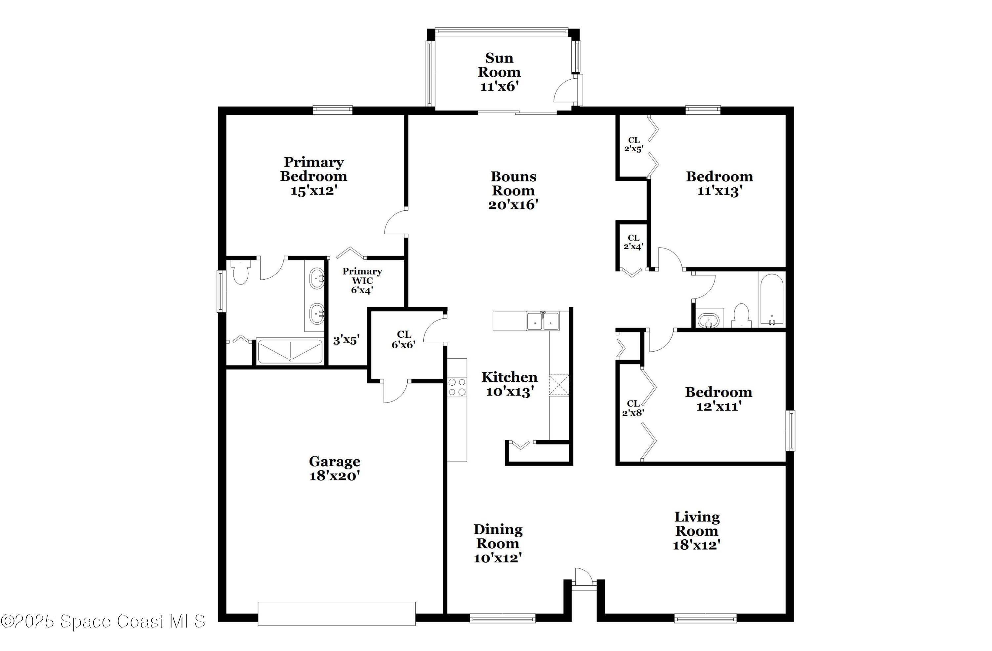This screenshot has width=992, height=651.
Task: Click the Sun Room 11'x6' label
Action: click(499, 72)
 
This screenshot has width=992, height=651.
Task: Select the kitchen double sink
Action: click(542, 321)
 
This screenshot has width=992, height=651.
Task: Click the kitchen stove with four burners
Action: click(457, 387)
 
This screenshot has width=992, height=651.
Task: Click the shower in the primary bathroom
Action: click(290, 352)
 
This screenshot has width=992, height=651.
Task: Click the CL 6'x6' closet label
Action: click(403, 339)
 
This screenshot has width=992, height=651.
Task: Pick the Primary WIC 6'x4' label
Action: click(362, 280)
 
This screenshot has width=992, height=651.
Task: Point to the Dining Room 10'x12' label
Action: click(498, 544)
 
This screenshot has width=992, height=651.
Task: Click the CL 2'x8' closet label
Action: click(633, 408)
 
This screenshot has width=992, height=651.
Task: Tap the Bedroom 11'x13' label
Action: click(720, 183)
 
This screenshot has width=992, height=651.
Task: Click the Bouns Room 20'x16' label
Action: click(513, 190)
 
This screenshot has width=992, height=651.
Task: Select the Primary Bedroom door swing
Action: click(395, 223)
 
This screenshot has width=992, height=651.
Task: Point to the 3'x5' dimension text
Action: click(346, 340)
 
